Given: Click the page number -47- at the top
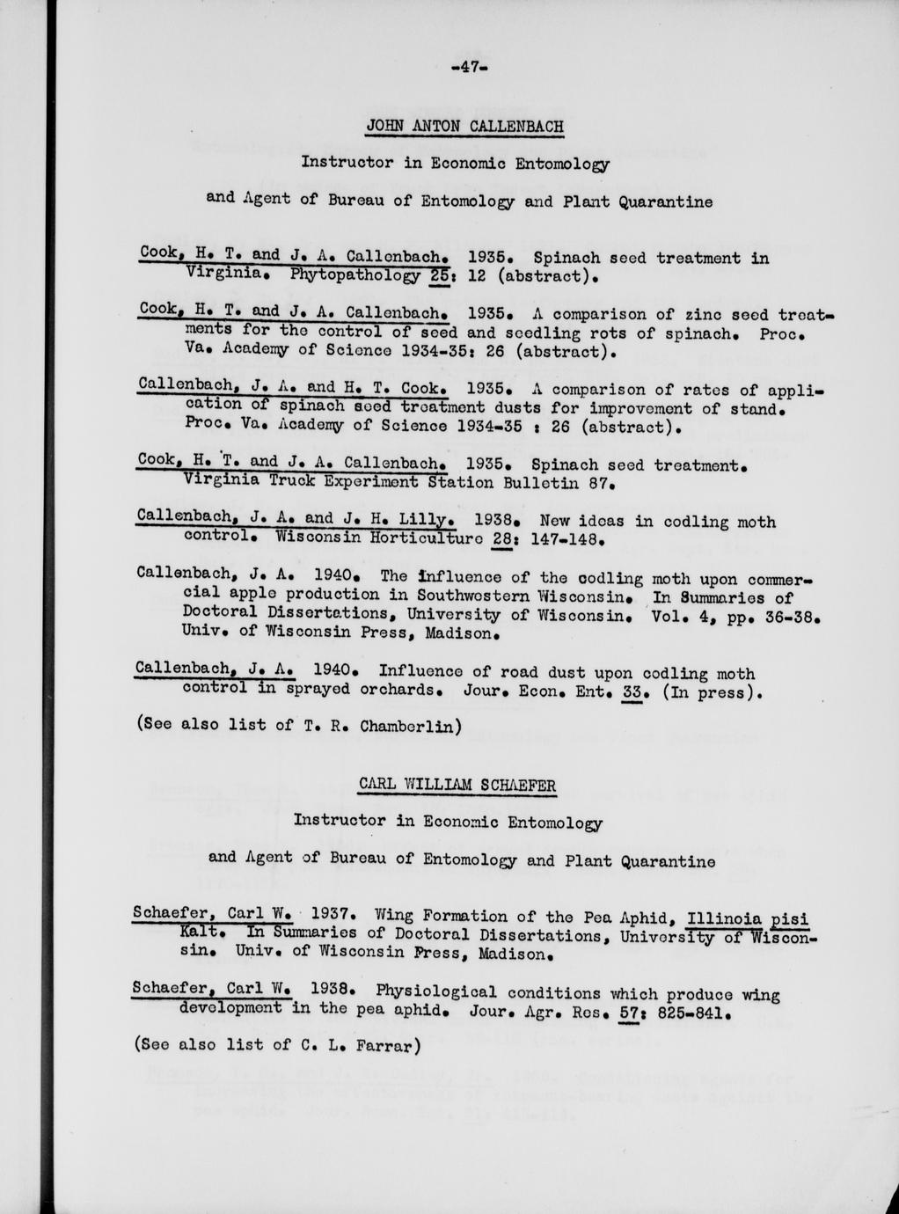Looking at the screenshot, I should (x=464, y=67).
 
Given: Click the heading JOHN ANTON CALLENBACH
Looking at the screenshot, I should (x=464, y=126).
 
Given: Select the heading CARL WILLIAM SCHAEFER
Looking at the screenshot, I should (x=457, y=785).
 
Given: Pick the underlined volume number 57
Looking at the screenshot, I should (x=628, y=1012).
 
